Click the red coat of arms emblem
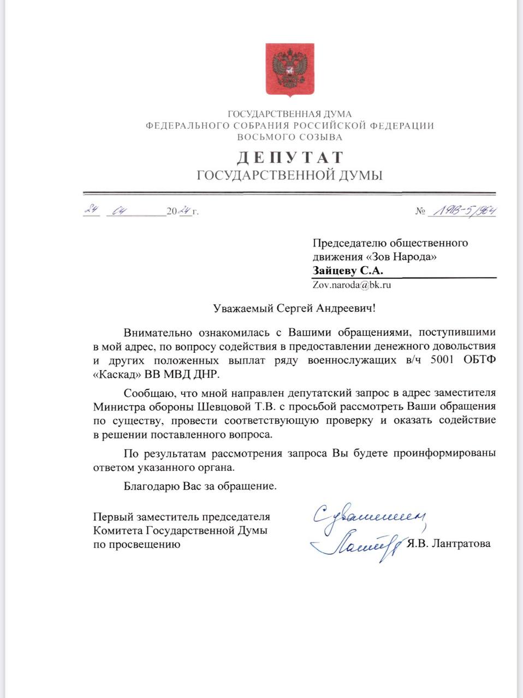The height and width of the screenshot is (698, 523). coord(290,69)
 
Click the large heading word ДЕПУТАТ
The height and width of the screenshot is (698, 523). coord(290,158)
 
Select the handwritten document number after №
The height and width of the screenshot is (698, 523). coord(463,211)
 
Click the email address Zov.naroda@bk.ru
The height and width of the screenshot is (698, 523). coord(352,285)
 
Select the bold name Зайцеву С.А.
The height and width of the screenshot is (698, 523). coord(348,270)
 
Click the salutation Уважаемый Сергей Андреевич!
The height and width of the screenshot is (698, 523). coord(294,309)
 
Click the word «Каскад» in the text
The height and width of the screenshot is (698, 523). coord(117,375)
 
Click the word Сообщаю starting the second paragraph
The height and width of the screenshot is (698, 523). coord(147,393)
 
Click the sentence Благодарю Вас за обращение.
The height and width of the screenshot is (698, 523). coord(200,486)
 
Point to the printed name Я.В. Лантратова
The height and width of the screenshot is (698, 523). coord(448,543)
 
